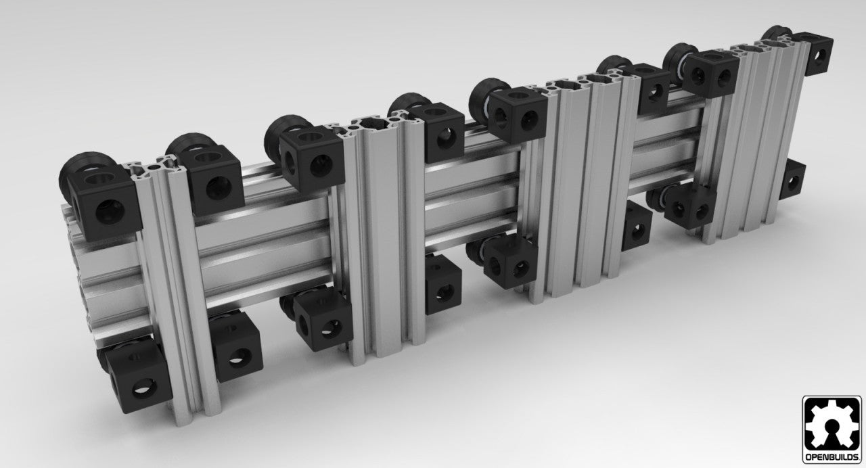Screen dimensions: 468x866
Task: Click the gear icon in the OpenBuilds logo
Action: [831, 423]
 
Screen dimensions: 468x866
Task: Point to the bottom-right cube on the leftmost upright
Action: [235, 348]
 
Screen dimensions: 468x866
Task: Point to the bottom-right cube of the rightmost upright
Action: [792, 180]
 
